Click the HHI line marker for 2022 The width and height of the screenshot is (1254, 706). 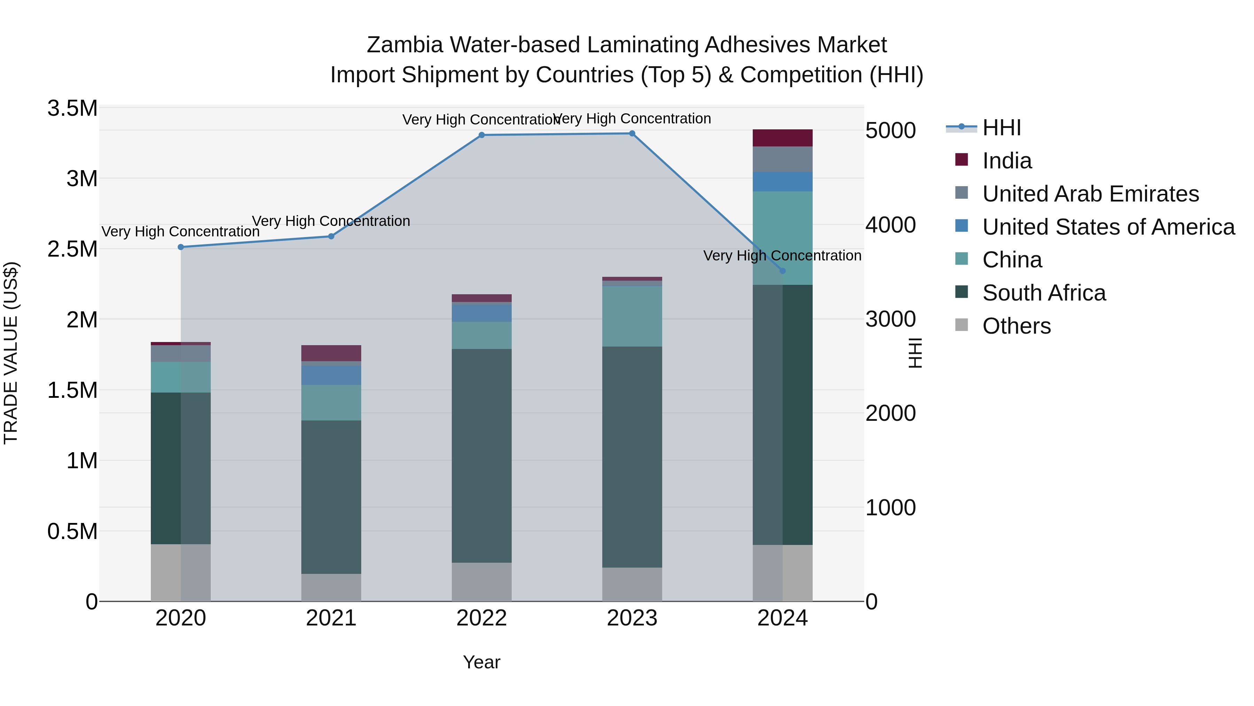click(x=481, y=135)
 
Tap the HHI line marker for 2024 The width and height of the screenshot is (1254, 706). click(x=782, y=271)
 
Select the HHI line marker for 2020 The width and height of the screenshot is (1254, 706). click(x=180, y=247)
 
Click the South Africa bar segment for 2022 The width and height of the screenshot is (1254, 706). click(x=481, y=456)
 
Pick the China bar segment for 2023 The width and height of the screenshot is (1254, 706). click(x=632, y=316)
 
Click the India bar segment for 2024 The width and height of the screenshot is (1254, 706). click(x=782, y=138)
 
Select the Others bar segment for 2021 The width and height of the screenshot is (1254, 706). click(x=331, y=587)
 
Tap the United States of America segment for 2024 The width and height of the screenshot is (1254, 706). click(x=782, y=182)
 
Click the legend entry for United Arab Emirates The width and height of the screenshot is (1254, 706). click(x=1090, y=194)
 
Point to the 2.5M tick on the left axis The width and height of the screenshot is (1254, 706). click(x=72, y=249)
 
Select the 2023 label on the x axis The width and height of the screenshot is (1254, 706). click(x=632, y=618)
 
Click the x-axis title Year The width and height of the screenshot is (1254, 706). click(x=481, y=662)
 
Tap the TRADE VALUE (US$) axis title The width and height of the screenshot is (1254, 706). click(x=11, y=353)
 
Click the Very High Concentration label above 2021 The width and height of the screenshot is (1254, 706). click(x=331, y=221)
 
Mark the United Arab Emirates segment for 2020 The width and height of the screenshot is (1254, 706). click(x=180, y=353)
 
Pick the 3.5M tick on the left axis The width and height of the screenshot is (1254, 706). click(x=72, y=108)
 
